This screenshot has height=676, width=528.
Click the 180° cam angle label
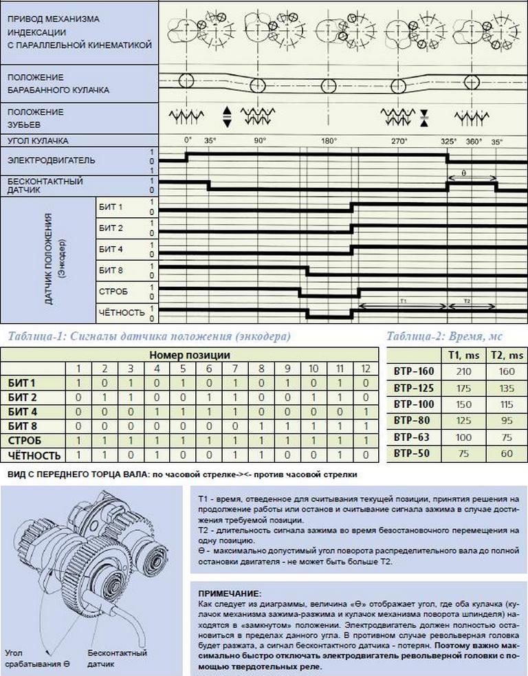(328, 141)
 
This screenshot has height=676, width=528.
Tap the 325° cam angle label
(448, 141)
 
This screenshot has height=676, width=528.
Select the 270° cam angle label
(400, 141)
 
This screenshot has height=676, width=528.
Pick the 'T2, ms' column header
(507, 355)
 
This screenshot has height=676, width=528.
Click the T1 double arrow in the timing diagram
(403, 306)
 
